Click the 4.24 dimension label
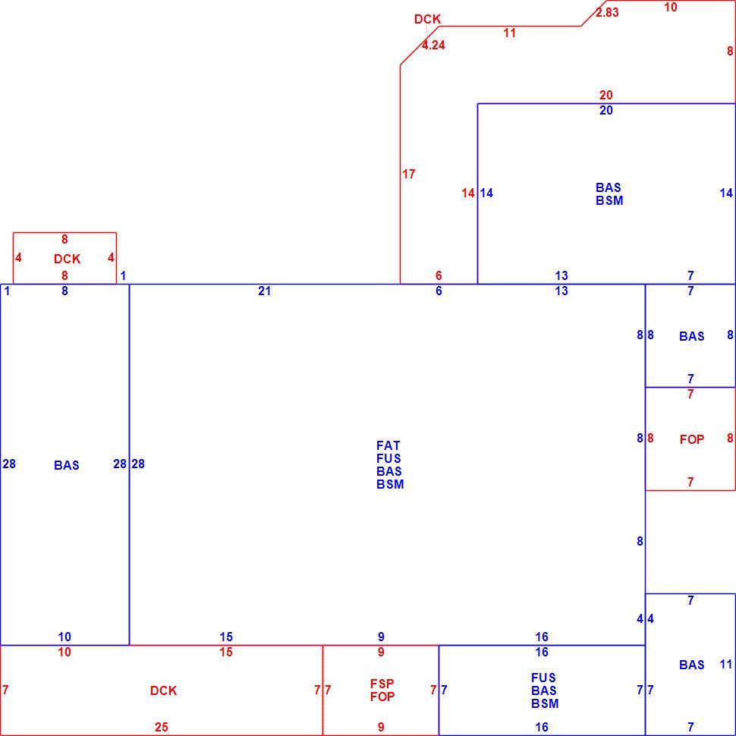(x=433, y=45)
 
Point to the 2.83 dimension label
(x=607, y=13)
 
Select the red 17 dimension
(x=409, y=175)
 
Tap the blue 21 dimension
(x=264, y=291)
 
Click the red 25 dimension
(x=162, y=727)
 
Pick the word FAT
(x=388, y=445)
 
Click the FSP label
(x=382, y=684)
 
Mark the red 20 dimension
(x=606, y=96)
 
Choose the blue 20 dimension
(x=606, y=110)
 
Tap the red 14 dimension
(x=468, y=193)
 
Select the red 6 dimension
(x=439, y=275)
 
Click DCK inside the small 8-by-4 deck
(x=67, y=259)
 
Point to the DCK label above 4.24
(x=428, y=19)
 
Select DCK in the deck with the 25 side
(x=163, y=690)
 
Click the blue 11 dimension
(x=725, y=664)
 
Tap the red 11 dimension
(x=510, y=33)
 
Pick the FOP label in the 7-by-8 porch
(x=692, y=439)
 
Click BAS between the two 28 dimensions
(x=66, y=465)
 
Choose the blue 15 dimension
(x=226, y=637)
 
